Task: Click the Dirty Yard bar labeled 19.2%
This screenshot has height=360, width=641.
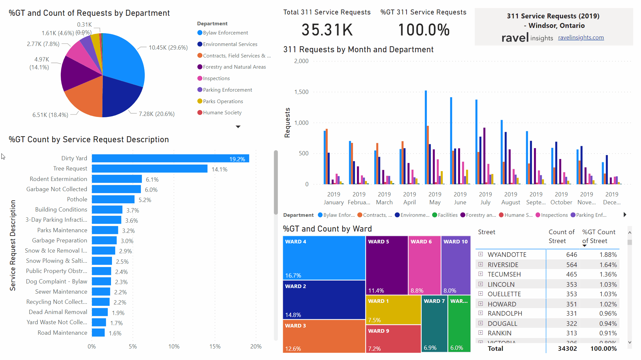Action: coord(170,159)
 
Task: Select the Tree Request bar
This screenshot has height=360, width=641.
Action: coord(149,169)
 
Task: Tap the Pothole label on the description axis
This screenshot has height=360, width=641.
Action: coord(77,199)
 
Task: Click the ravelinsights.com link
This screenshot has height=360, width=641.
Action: coord(581,37)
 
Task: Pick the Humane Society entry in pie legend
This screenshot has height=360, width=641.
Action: coord(222,113)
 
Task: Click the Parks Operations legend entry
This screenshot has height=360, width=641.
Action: coord(223,101)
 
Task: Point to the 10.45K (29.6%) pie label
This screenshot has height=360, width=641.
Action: coord(168,48)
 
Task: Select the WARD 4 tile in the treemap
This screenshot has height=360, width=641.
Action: coord(324,258)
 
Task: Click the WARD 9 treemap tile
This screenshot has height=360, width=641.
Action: coord(393,338)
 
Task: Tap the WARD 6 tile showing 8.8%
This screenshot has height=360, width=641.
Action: coord(424,265)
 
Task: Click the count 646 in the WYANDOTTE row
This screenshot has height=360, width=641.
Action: coord(571,255)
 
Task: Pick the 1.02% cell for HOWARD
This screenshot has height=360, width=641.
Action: coord(608,304)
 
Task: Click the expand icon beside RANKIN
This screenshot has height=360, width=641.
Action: coord(481,333)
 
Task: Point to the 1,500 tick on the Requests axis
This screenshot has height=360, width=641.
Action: coord(301,92)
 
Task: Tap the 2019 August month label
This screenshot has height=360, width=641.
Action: coord(511,198)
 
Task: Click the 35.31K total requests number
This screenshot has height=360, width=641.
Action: coord(327,30)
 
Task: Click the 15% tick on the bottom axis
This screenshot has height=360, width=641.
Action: coord(215,347)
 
